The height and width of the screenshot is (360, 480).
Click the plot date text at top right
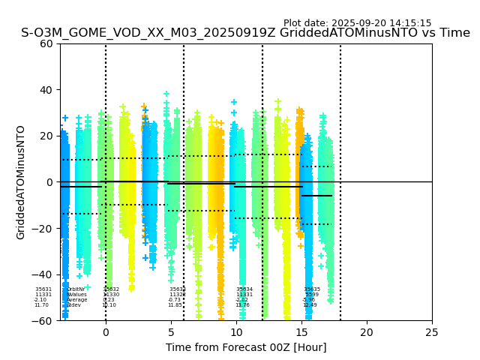point(357,23)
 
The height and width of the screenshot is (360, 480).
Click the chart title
point(245,33)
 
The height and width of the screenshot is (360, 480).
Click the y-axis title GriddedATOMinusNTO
point(21,182)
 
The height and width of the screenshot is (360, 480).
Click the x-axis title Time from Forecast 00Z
point(246,347)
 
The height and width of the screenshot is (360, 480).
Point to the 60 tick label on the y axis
point(46,43)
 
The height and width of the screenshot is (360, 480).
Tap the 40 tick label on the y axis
point(46,90)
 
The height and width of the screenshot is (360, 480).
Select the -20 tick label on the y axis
point(43,229)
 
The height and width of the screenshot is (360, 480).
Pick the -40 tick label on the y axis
point(43,274)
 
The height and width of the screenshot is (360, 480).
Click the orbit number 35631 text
point(43,289)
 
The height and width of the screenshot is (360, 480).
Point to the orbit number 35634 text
point(244,289)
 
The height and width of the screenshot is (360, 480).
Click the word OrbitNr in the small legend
point(76,289)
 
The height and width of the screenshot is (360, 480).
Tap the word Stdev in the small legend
point(73,305)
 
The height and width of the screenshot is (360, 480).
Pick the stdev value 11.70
point(41,305)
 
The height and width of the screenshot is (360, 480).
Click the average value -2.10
point(40,300)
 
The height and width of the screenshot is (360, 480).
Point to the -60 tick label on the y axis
point(43,321)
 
